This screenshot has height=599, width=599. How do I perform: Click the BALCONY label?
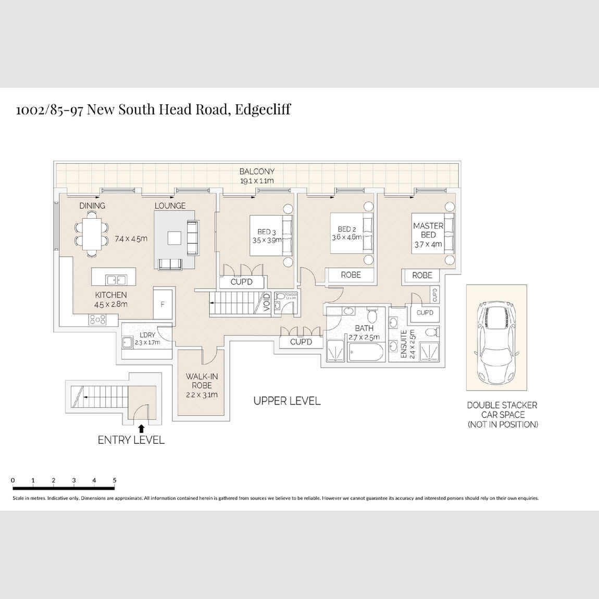click(x=257, y=171)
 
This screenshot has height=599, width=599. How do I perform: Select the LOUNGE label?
click(x=170, y=206)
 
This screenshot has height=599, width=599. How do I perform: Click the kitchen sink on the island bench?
click(x=116, y=280)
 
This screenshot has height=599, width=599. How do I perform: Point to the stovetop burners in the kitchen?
click(x=97, y=319)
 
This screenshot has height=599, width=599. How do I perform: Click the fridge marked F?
click(x=163, y=304)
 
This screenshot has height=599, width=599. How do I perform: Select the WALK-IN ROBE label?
click(x=202, y=381)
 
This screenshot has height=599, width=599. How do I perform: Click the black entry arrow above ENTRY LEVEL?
click(x=141, y=428)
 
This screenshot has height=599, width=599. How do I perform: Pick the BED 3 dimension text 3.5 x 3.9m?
click(x=267, y=240)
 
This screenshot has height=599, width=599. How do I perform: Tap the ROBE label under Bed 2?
click(x=351, y=274)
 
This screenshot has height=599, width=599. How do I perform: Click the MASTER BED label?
click(x=428, y=230)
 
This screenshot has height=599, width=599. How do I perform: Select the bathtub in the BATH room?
click(x=367, y=354)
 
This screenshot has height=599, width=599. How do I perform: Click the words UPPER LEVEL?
click(x=287, y=401)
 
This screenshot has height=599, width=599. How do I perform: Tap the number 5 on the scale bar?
click(x=115, y=480)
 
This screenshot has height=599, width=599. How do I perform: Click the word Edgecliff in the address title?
click(x=263, y=109)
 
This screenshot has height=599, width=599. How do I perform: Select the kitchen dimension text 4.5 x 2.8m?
click(x=110, y=304)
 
